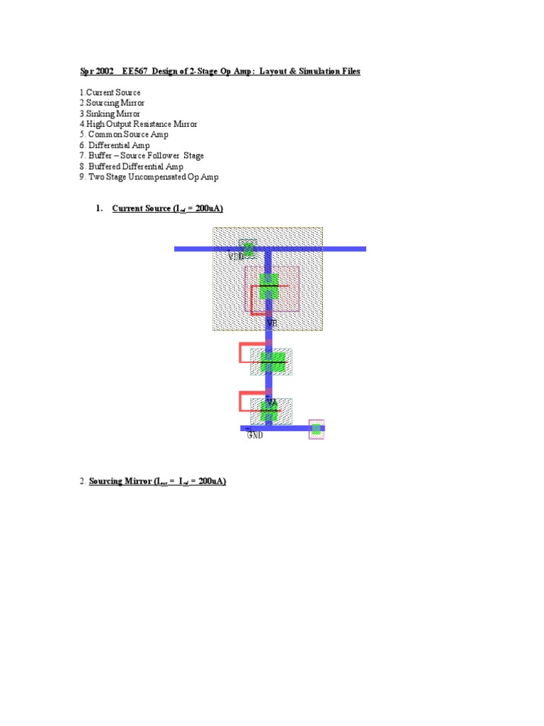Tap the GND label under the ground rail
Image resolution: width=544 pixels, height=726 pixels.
point(255,435)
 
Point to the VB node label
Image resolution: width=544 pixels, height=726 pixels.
point(271,323)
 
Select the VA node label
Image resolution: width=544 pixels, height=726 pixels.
point(271,402)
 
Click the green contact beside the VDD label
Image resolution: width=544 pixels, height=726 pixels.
point(249,247)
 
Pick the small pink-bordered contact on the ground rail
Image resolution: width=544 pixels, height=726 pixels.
point(316,428)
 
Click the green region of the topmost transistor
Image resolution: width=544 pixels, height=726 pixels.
point(268,286)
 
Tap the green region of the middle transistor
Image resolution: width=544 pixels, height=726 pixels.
point(271,362)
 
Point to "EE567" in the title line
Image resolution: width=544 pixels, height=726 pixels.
point(135,72)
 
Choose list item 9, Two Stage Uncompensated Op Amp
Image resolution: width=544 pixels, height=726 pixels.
point(149,177)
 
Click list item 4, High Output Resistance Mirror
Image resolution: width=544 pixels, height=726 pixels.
point(138,124)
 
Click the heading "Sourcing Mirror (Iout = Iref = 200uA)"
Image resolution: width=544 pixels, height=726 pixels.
point(157,482)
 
